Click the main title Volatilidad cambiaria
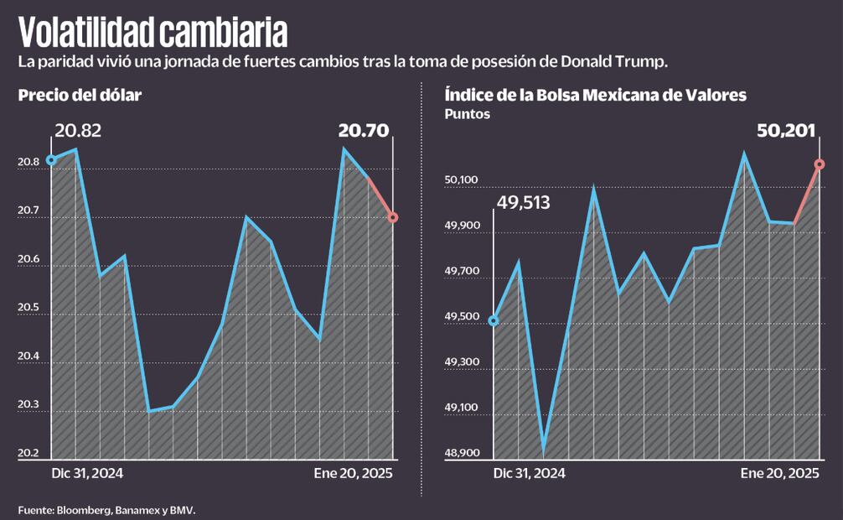pos(153,32)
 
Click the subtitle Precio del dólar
pos(80,96)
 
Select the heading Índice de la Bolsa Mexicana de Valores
pos(596,96)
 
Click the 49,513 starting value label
pos(523,202)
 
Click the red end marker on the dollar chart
pos(393,217)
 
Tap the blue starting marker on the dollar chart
pos(51,160)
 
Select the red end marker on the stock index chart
pos(820,164)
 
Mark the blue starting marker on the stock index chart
pos(494,321)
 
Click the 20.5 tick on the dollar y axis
pos(29,308)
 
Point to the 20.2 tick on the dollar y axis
pos(29,454)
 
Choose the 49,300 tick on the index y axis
pos(461,362)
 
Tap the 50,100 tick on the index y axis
pos(461,180)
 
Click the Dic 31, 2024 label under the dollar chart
pos(87,473)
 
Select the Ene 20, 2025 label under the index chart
pos(779,473)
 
